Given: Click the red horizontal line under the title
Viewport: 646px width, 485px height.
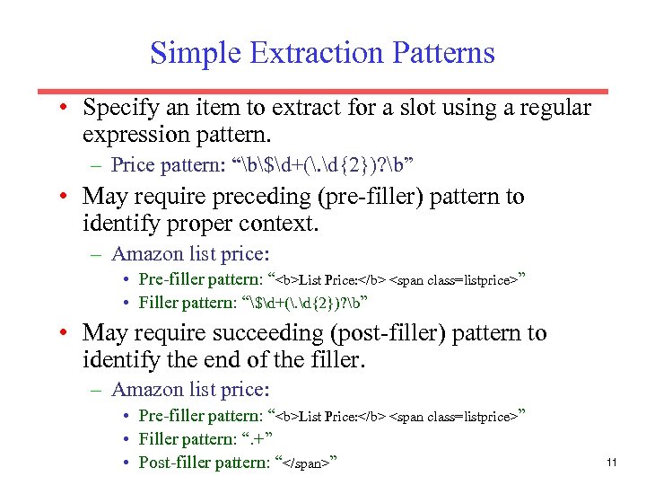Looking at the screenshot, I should [323, 92].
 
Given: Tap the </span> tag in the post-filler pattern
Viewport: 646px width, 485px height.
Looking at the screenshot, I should [308, 463].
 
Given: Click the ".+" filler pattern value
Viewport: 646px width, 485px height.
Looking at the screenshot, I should [257, 439].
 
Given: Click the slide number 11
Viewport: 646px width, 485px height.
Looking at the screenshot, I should [612, 463].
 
